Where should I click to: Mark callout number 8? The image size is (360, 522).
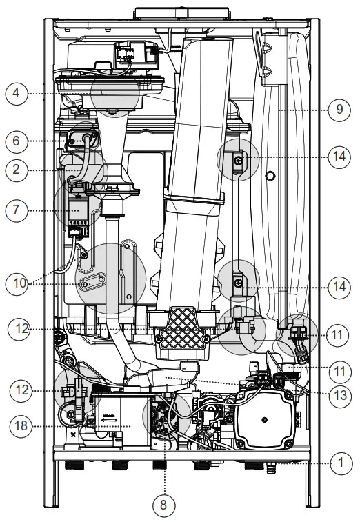[x=163, y=504]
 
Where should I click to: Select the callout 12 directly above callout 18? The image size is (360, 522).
[x=21, y=390]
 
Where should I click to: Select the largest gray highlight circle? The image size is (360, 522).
[x=110, y=278]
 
